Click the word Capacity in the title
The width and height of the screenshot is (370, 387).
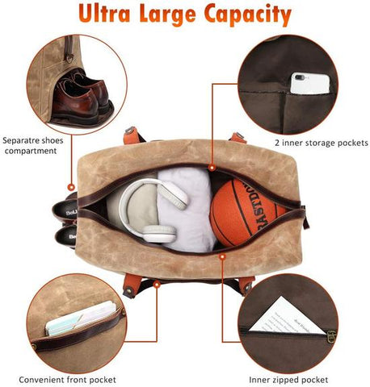click(242, 15)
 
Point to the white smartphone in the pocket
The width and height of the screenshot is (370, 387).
click(312, 82)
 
